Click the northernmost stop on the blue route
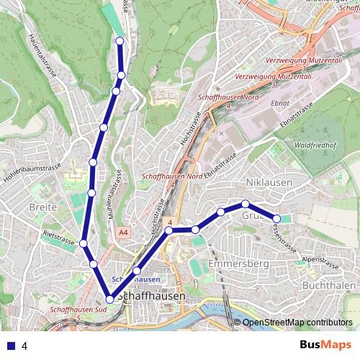[120, 41]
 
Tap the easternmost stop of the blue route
[276, 218]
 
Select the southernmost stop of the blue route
[110, 299]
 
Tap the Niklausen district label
[269, 182]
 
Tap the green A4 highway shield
[123, 232]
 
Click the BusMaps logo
[325, 345]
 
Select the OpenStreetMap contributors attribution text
[297, 323]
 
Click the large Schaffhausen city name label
[150, 296]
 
